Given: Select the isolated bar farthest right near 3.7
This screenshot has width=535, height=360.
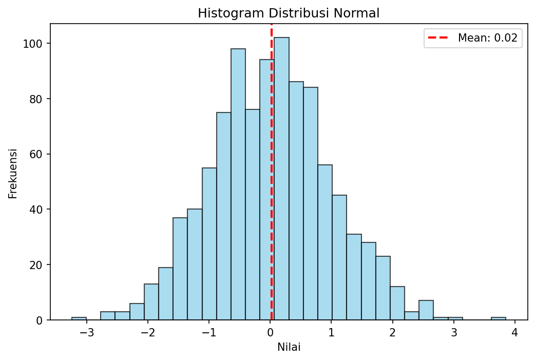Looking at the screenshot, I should [498, 318].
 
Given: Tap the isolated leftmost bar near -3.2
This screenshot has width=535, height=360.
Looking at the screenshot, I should [79, 318].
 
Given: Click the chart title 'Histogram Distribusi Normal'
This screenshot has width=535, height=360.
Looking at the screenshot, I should [289, 14].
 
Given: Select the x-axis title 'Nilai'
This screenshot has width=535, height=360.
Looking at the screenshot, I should [289, 347].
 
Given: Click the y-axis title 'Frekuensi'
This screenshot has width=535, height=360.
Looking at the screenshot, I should [13, 173].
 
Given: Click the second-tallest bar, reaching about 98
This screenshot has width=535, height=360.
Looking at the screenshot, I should [238, 185].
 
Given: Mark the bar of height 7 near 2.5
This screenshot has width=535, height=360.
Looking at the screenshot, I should [426, 311].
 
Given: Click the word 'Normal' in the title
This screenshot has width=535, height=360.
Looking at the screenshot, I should [354, 14].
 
